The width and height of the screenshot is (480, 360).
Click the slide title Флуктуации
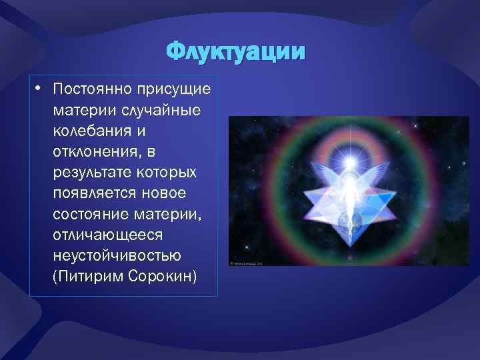[237, 52]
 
